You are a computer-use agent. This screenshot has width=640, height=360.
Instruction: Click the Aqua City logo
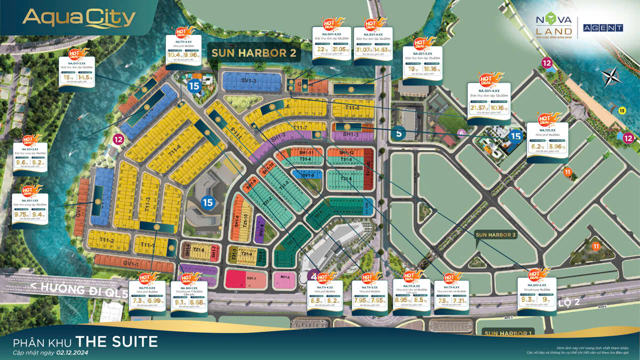click(79, 19)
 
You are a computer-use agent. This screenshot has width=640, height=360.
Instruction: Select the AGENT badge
click(603, 28)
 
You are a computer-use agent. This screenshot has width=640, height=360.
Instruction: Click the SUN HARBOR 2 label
click(254, 53)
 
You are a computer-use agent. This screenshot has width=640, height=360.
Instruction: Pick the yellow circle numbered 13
click(621, 110)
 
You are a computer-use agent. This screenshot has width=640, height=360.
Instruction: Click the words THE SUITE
click(116, 342)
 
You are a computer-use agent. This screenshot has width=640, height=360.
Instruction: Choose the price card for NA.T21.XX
click(547, 142)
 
